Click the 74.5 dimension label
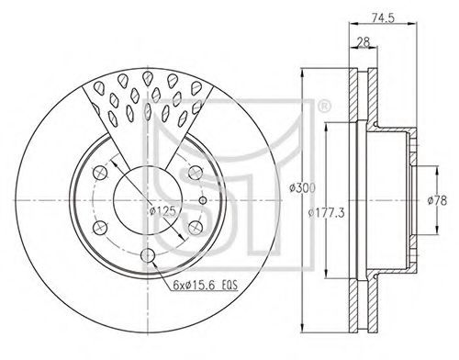383,17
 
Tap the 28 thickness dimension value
364,41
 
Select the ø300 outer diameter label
302,187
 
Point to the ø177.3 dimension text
326,212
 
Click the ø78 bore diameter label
437,200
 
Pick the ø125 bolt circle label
163,211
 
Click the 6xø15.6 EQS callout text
205,286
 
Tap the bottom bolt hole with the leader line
148,254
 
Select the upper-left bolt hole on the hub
100,174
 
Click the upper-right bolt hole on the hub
196,173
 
